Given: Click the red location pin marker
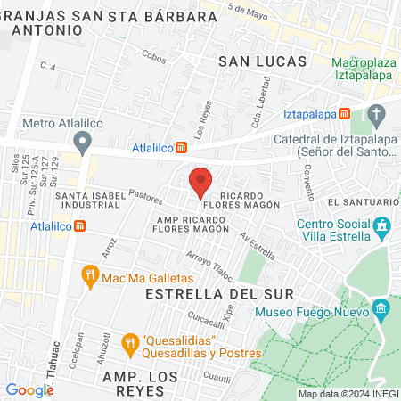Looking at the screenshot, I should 200,182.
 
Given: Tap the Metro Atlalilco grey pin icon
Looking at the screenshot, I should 83,141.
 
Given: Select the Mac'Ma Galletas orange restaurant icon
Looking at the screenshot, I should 89,276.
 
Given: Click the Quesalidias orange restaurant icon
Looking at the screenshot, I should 129,342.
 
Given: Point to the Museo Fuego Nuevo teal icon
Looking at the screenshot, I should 381,311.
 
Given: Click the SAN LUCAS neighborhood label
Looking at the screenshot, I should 262,61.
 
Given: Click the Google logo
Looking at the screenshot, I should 29,389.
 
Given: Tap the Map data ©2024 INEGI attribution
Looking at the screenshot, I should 347,393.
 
